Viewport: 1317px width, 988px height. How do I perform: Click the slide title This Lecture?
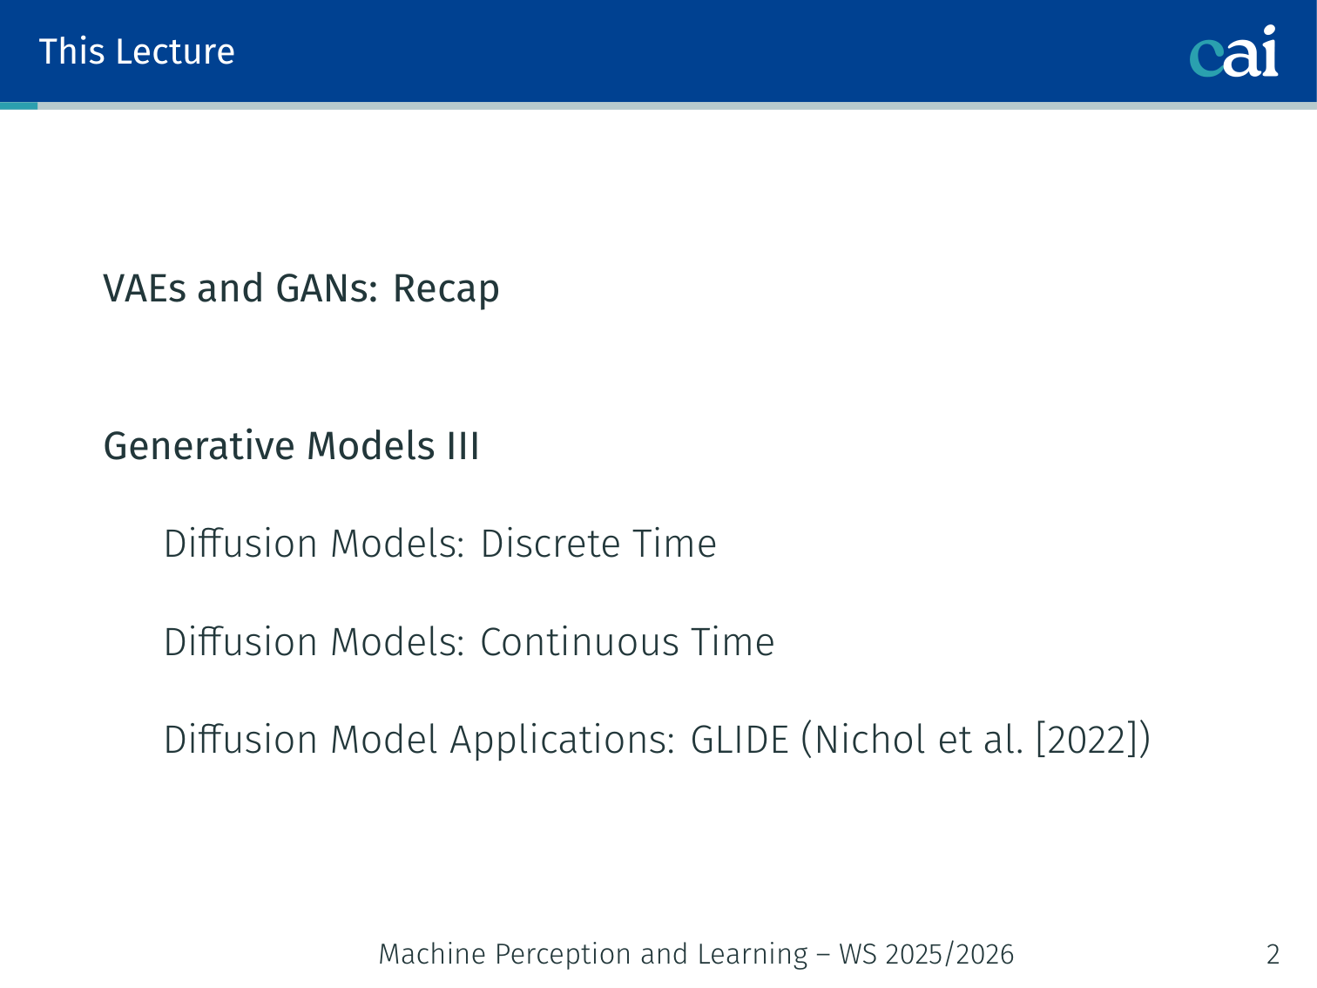coord(137,51)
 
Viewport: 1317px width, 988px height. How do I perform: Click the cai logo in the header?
coord(1233,51)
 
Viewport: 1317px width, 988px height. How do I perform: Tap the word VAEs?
coord(145,288)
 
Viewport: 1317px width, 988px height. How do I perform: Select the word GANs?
coord(327,288)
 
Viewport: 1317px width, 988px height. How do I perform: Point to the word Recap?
coord(446,289)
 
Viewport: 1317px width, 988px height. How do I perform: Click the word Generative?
coord(199,446)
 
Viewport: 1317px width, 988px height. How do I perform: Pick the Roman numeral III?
coord(463,446)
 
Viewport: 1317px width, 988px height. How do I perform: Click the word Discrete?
coord(550,544)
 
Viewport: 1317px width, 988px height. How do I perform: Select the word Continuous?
coord(579,642)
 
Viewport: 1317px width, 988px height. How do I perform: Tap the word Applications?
coord(563,741)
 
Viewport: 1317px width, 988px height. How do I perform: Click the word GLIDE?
coord(740,740)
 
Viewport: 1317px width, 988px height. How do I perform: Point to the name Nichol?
coord(870,739)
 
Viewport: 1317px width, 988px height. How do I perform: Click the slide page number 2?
coord(1273,954)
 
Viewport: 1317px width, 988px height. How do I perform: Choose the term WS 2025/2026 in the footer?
coord(927,954)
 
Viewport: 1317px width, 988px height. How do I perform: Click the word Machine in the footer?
coord(432,954)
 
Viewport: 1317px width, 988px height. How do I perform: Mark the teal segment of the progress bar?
coord(18,105)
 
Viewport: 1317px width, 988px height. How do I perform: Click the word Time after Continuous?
coord(733,642)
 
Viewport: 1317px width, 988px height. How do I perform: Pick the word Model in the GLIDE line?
coord(384,740)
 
